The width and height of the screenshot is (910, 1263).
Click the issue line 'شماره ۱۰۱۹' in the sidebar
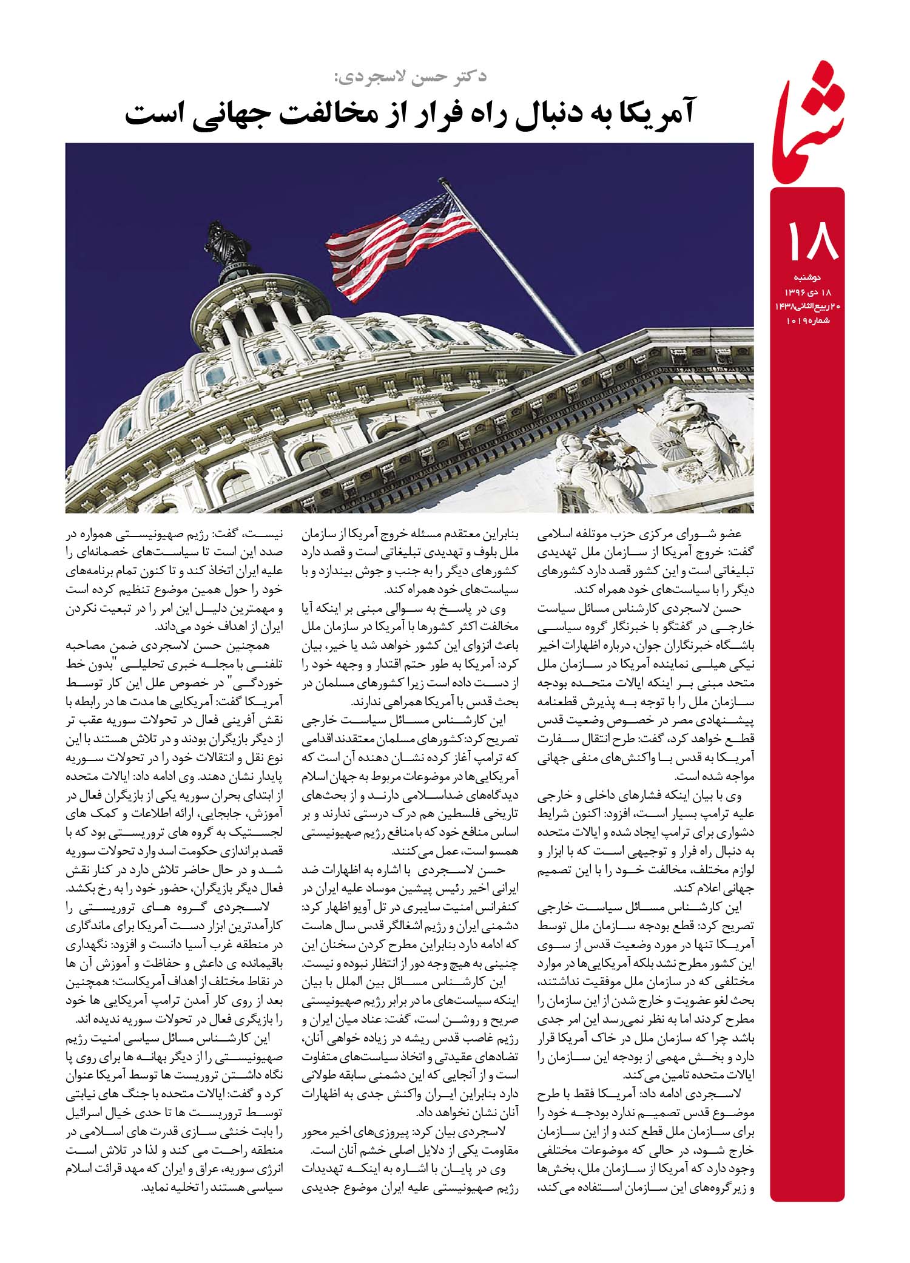coord(807,320)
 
